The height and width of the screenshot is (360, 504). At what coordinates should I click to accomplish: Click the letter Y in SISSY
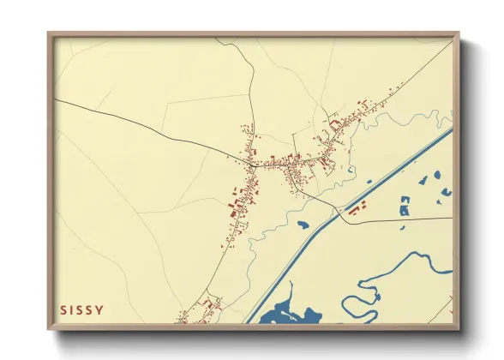click(x=100, y=309)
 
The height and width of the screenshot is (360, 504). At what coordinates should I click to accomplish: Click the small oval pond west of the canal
click(x=303, y=225)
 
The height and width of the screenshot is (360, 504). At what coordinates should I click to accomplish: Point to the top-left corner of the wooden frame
click(x=50, y=35)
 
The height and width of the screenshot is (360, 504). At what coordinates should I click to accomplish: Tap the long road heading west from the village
click(x=146, y=128)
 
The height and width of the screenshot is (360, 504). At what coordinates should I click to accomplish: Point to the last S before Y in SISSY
click(x=89, y=309)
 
